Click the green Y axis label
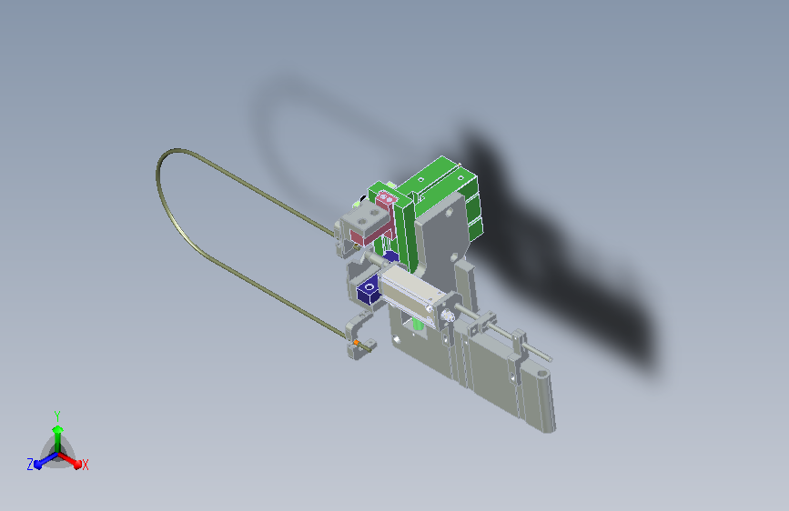57,416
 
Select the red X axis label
85,465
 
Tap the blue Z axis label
30,465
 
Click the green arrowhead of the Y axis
58,429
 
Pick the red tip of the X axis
77,465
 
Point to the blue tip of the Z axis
38,466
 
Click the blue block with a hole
369,289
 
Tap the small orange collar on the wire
356,343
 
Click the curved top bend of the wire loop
171,153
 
